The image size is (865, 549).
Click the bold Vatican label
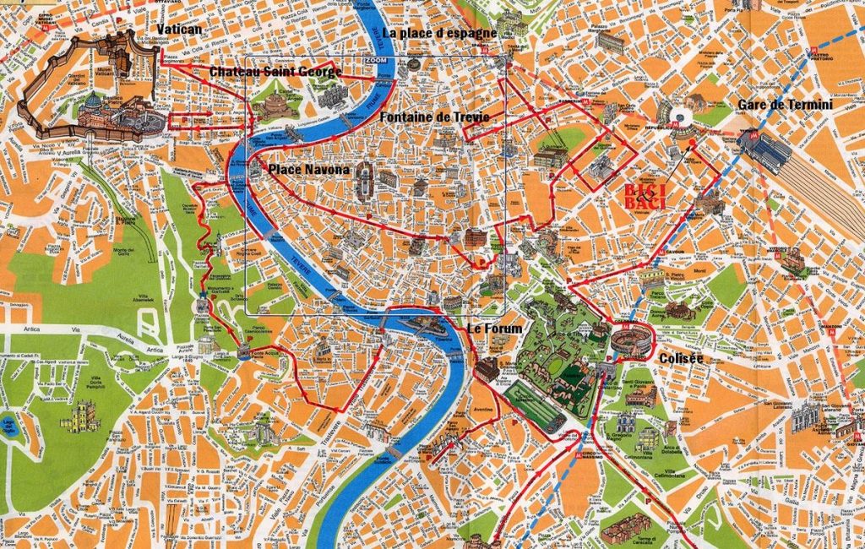pos(179,29)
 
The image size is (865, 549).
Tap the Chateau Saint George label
pos(275,72)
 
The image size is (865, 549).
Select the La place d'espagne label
pos(438,33)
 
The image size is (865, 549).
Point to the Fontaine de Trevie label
pos(434,116)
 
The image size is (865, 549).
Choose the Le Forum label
pos(495,327)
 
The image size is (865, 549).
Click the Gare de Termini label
pos(785,105)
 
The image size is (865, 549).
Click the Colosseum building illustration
pos(632,342)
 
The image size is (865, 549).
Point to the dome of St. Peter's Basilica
pos(93,104)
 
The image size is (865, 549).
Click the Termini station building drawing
pos(764,150)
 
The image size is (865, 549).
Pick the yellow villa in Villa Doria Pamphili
pos(81,416)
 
